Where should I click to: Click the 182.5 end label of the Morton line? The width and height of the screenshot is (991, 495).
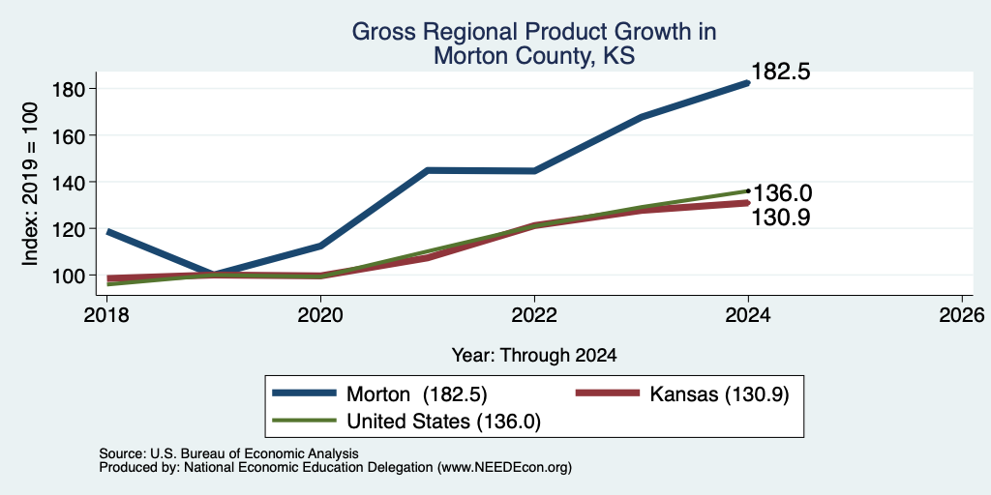(x=781, y=72)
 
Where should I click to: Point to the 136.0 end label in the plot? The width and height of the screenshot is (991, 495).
(x=782, y=193)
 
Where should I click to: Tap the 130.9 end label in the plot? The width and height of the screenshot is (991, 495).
(x=781, y=218)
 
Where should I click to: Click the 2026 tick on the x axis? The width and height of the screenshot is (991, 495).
(x=962, y=314)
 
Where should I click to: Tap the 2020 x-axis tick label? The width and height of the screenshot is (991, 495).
(x=321, y=314)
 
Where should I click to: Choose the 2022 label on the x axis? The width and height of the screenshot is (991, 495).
(x=534, y=314)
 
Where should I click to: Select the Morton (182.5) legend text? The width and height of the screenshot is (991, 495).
(x=416, y=394)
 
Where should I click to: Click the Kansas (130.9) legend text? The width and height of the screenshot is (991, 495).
(x=719, y=394)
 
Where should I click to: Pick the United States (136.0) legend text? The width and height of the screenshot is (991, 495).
(x=443, y=422)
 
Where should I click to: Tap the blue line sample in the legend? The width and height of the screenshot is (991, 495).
(x=304, y=393)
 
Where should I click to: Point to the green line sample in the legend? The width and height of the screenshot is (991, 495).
(x=304, y=420)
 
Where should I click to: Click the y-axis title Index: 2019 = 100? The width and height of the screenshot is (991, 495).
(x=30, y=184)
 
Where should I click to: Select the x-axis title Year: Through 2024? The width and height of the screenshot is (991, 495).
(x=534, y=356)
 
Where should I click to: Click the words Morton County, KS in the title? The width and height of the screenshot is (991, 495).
(x=534, y=56)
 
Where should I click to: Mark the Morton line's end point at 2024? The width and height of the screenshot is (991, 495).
(x=748, y=83)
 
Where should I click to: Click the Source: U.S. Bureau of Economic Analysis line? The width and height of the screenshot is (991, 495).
(x=228, y=453)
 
